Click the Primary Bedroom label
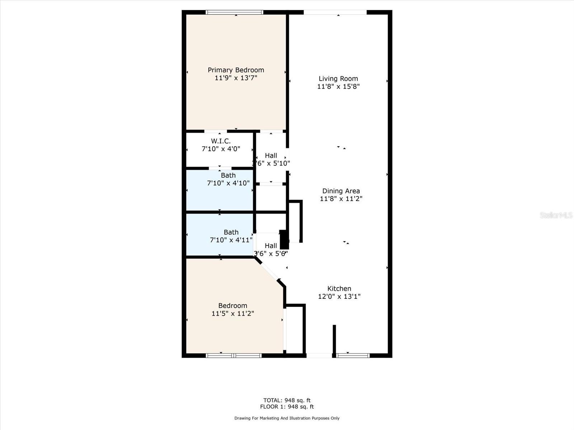tap(236, 70)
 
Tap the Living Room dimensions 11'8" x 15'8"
tap(338, 86)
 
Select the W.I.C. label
tap(221, 141)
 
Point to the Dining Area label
tap(341, 191)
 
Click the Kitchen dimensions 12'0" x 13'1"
tap(339, 296)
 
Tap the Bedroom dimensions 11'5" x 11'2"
tap(232, 314)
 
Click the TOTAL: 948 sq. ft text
tap(287, 400)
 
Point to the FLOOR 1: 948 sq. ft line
tap(287, 407)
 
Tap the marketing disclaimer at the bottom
tap(287, 418)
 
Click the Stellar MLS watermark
tap(556, 215)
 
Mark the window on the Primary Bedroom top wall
tap(235, 12)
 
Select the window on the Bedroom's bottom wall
tap(234, 355)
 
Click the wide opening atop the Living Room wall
tap(335, 13)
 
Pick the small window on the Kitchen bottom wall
tap(353, 355)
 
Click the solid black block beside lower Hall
tap(284, 239)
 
